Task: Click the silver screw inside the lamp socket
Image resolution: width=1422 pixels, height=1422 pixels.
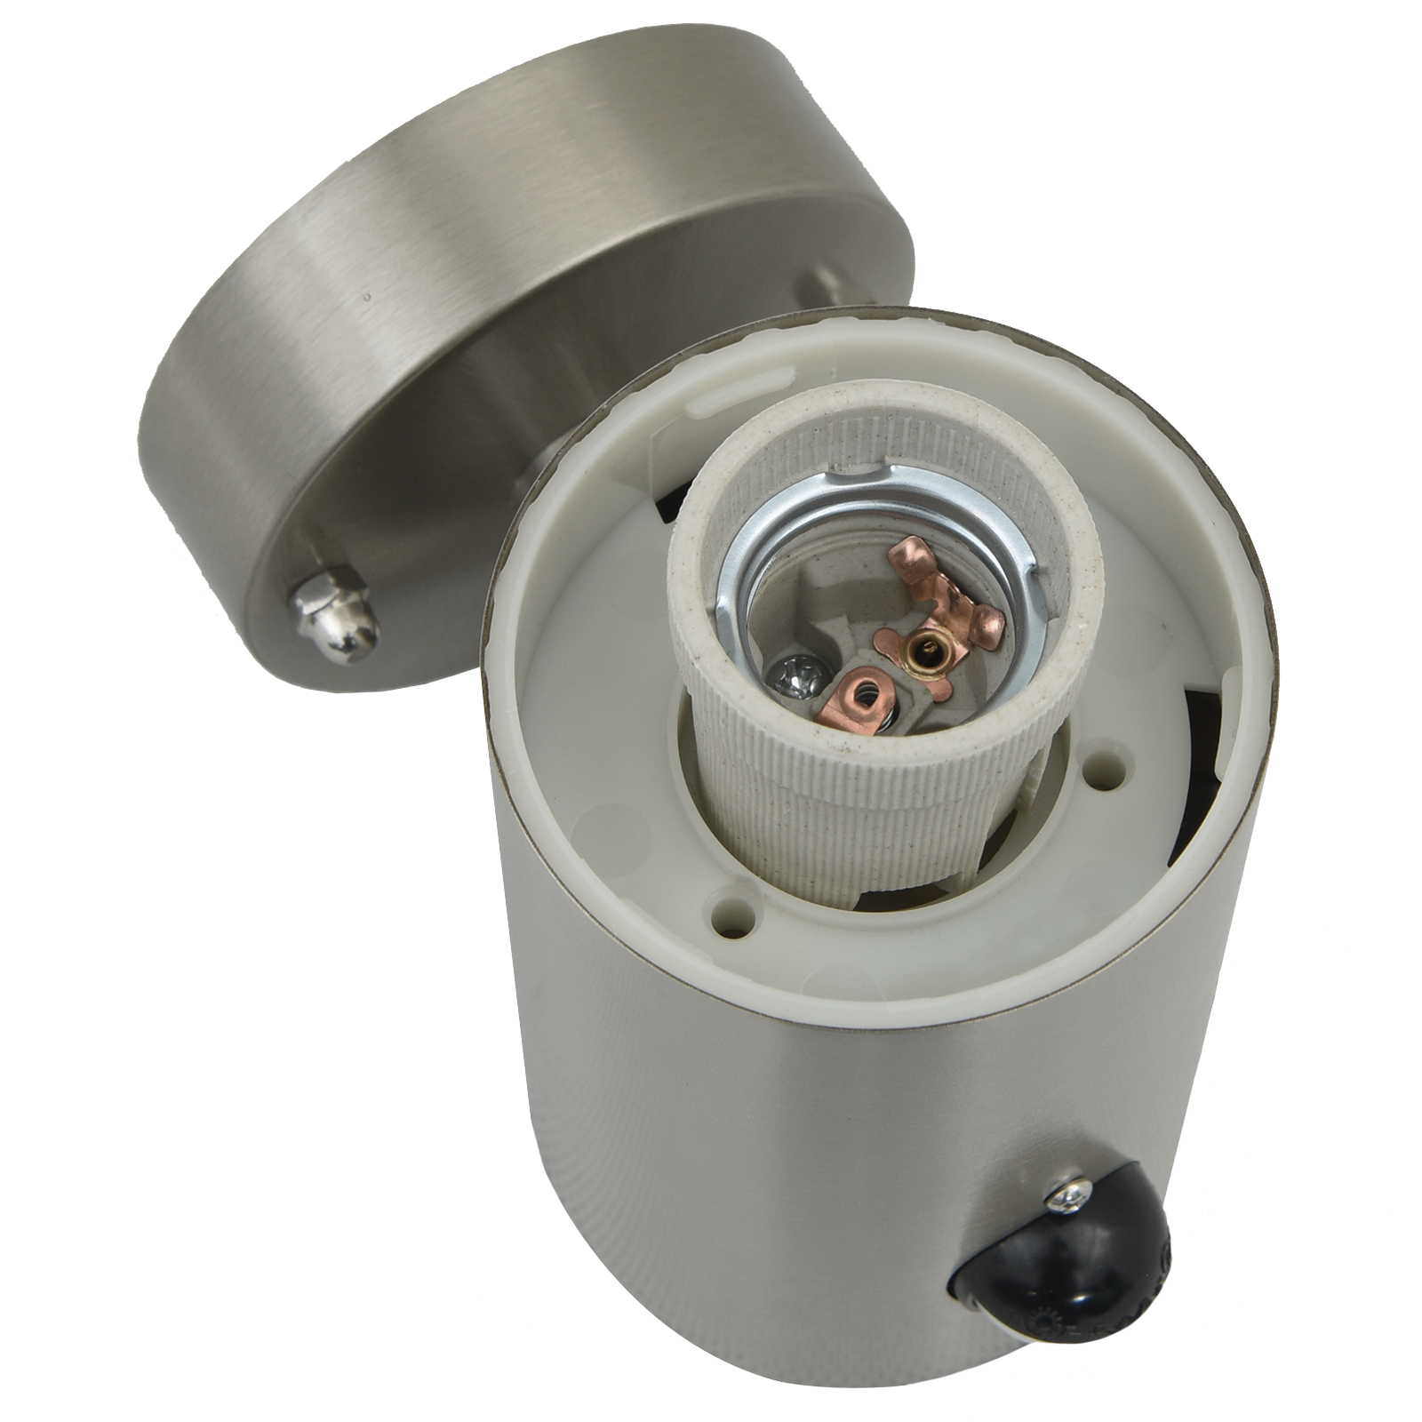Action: (794, 672)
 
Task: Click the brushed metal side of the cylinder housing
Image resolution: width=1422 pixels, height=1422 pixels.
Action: (711, 1200)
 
